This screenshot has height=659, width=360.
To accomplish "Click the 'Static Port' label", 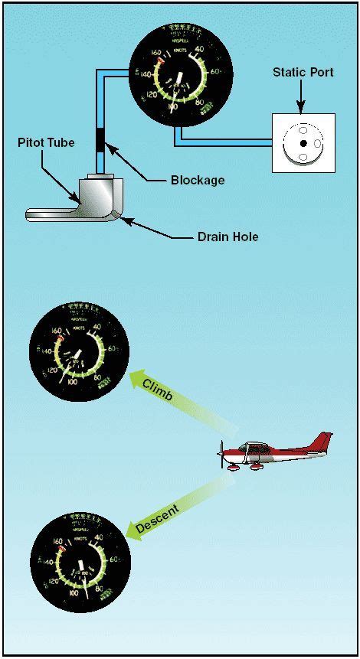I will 303,72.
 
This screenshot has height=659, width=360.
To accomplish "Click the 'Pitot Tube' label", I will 47,142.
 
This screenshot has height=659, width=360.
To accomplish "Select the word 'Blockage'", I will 198,181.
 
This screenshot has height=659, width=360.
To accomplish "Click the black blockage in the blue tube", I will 99,142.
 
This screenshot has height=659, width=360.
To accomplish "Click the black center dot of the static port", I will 303,143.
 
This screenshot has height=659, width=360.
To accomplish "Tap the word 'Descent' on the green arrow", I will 156,519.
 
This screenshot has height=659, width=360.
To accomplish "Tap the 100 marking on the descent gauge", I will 75,593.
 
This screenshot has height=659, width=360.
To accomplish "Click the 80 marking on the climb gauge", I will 97,377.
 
